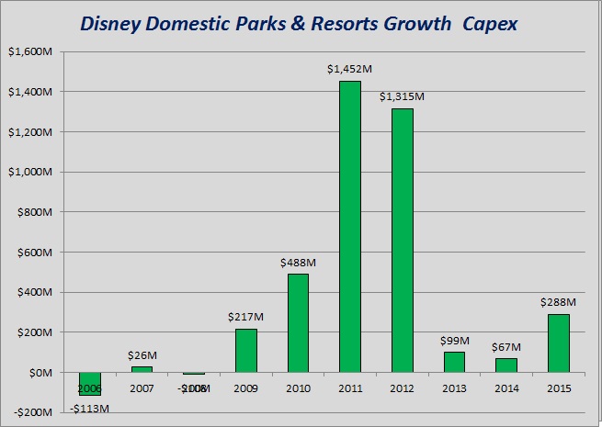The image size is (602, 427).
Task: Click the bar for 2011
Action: pyautogui.click(x=350, y=226)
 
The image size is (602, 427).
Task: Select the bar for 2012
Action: pyautogui.click(x=402, y=240)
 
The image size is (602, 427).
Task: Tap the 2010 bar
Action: pyautogui.click(x=298, y=322)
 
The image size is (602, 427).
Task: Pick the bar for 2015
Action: pyautogui.click(x=558, y=343)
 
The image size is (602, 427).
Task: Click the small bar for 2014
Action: pyautogui.click(x=506, y=365)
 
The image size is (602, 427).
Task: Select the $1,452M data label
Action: pyautogui.click(x=349, y=70)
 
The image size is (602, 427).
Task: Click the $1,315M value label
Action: pyautogui.click(x=402, y=97)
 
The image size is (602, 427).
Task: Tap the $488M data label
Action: pyautogui.click(x=298, y=263)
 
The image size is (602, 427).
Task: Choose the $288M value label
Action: pyautogui.click(x=558, y=302)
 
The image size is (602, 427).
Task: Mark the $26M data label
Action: pyautogui.click(x=142, y=355)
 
